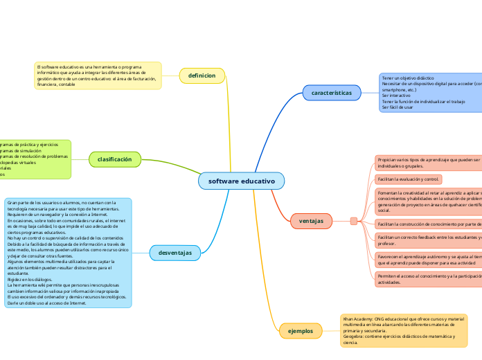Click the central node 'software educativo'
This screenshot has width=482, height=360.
[241, 181]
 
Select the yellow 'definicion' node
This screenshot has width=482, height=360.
[202, 75]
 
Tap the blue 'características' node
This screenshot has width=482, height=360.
[331, 92]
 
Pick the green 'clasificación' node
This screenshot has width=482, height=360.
[114, 159]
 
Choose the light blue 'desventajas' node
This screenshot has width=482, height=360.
[175, 253]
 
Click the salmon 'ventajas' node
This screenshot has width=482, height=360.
[311, 221]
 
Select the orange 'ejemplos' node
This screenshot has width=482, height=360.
[300, 331]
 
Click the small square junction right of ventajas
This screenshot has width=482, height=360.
[353, 221]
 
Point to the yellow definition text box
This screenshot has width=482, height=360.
[98, 75]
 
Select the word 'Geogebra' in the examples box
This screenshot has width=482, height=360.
[355, 336]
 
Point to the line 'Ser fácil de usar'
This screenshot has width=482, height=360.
[398, 107]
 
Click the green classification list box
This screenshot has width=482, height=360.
[35, 159]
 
